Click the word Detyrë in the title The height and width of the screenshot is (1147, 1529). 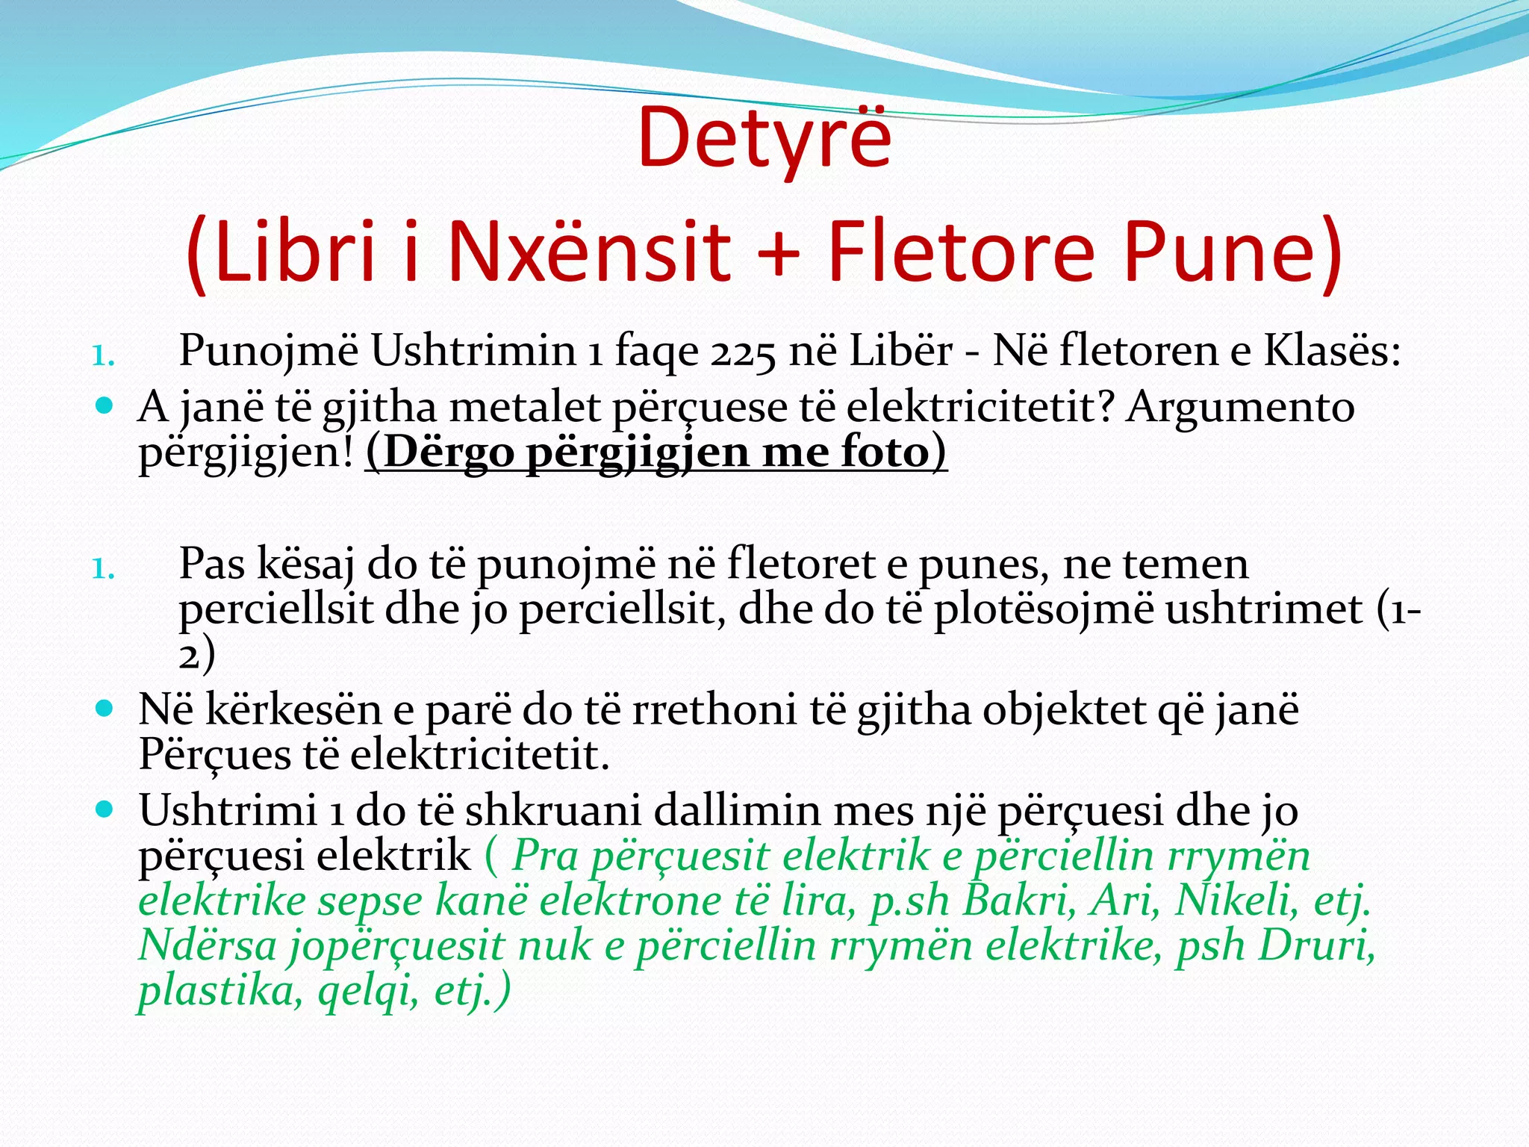(x=764, y=139)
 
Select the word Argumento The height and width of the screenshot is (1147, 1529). (x=1240, y=408)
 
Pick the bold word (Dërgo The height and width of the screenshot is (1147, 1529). (x=440, y=453)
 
